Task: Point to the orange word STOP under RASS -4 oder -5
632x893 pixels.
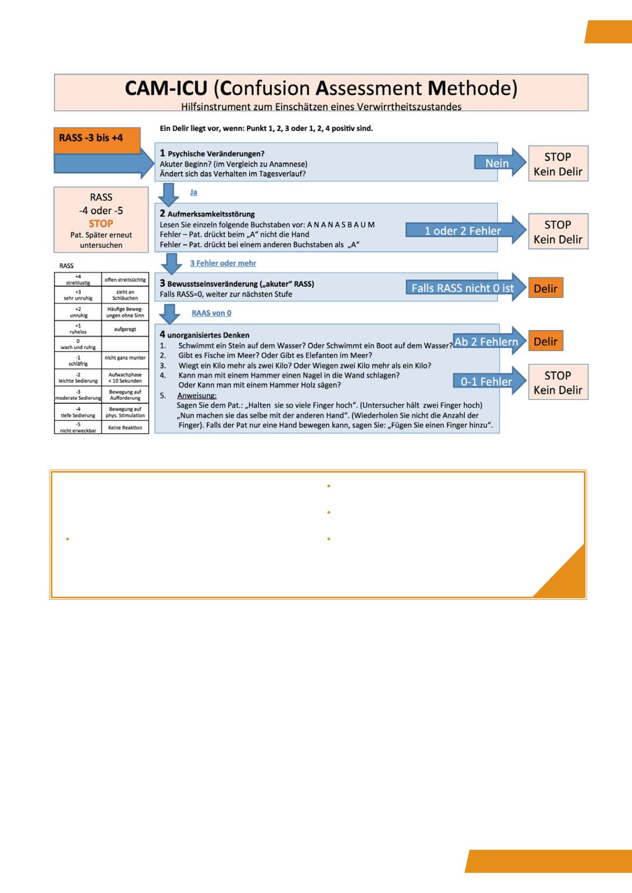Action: pos(101,224)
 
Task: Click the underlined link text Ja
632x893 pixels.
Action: pos(193,192)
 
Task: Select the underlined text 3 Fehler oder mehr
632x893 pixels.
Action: pos(223,263)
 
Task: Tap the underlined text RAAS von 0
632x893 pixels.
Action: pos(211,313)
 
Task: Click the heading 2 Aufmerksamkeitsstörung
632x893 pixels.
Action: pos(207,214)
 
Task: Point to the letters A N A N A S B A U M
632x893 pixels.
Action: pos(341,225)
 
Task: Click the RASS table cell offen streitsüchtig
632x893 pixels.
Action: pos(125,280)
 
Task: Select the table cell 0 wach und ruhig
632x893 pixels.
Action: pos(78,344)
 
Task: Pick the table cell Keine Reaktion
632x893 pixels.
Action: pos(125,428)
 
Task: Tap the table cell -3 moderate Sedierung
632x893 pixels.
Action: pos(78,395)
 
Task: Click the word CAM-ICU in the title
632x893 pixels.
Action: pos(166,88)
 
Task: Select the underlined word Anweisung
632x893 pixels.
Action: pos(197,396)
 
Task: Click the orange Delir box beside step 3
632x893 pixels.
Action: pos(545,289)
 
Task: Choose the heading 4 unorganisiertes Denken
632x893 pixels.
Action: pos(205,335)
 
